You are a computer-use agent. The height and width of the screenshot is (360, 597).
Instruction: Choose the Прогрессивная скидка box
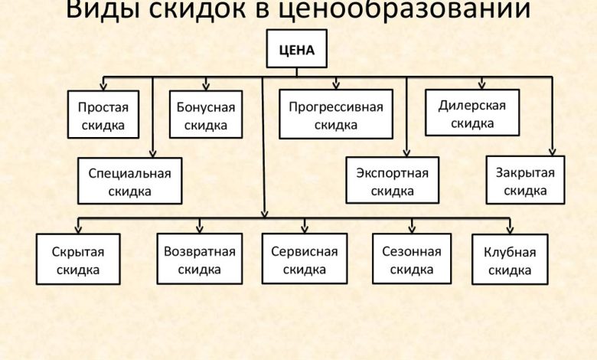click(x=335, y=115)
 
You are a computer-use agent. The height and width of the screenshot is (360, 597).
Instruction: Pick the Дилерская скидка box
click(x=472, y=113)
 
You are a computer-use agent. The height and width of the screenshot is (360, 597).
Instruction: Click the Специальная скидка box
click(x=129, y=182)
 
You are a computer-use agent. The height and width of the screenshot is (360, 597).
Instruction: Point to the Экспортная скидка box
click(x=392, y=181)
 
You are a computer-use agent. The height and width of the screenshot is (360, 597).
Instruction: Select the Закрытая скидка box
click(x=525, y=181)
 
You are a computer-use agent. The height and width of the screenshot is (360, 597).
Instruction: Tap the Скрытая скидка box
click(x=77, y=259)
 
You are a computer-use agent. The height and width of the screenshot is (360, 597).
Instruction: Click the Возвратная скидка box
click(x=200, y=259)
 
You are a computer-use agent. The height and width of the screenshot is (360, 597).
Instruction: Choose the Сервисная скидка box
click(x=304, y=259)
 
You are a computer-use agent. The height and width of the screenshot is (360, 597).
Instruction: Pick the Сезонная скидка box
click(x=412, y=259)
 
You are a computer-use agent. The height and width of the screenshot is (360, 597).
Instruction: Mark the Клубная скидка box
click(x=510, y=260)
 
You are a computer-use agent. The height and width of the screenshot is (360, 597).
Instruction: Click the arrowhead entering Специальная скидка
click(x=153, y=152)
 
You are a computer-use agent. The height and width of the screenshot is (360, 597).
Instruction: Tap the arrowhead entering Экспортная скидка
click(x=406, y=152)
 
